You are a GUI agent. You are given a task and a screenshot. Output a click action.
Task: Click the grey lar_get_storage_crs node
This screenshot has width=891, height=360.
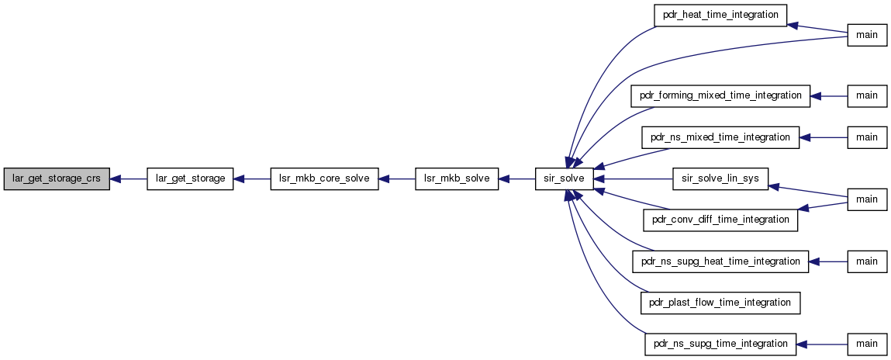[x=57, y=179]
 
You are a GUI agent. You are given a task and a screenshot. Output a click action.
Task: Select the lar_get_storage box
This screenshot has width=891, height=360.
[x=190, y=179]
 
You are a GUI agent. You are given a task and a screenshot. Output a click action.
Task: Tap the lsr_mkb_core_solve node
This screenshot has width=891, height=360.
[x=324, y=179]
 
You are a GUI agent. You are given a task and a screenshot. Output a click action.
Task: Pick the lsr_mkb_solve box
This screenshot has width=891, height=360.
[x=457, y=179]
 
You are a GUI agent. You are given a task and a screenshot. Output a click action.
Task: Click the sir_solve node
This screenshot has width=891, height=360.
[x=565, y=179]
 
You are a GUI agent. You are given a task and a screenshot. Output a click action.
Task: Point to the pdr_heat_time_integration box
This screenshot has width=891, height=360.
[x=720, y=15]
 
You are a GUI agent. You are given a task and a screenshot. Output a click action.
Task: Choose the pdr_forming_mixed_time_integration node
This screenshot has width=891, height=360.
[x=720, y=96]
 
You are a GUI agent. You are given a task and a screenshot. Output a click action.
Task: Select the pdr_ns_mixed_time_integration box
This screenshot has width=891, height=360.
[x=720, y=137]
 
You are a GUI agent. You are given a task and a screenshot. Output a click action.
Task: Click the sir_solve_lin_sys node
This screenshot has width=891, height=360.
[x=720, y=179]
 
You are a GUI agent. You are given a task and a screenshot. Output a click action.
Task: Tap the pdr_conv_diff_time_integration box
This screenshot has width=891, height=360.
[x=720, y=220]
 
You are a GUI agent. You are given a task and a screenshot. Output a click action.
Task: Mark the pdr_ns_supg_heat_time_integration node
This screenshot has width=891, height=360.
[x=720, y=261]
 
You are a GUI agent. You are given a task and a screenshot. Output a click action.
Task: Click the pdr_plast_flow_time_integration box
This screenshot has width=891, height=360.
[x=720, y=303]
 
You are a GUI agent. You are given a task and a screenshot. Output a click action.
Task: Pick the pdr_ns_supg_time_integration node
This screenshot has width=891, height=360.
[x=720, y=344]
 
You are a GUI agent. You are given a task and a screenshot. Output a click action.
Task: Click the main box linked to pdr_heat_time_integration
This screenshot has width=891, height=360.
[x=867, y=35]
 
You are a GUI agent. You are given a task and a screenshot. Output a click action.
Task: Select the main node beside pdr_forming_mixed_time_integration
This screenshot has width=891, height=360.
[x=867, y=96]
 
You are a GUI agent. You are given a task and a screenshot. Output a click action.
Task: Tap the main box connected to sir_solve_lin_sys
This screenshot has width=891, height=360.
[x=867, y=199]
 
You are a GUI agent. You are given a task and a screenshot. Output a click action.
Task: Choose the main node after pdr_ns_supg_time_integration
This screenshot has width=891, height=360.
[x=867, y=344]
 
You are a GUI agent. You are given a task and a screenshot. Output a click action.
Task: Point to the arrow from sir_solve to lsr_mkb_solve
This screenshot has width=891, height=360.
[x=517, y=179]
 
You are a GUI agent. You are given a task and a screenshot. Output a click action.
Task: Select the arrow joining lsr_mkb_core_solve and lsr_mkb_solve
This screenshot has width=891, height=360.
[x=397, y=179]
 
